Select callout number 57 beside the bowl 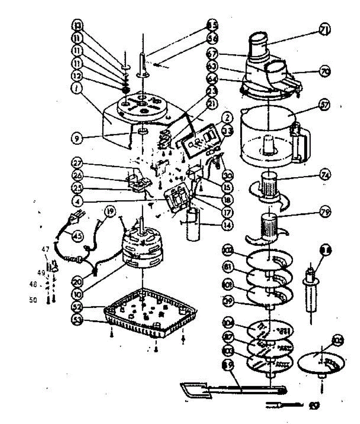point(323,105)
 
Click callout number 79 point(323,213)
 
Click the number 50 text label point(33,300)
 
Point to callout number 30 point(227,175)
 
